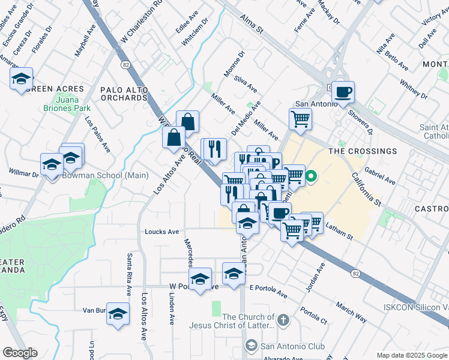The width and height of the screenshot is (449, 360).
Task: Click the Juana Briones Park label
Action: [x=74, y=104]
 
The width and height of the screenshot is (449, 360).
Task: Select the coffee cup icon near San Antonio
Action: [x=343, y=92]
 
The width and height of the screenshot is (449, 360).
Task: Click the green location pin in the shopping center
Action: [x=311, y=177]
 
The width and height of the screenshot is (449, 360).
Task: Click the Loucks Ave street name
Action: [x=161, y=232]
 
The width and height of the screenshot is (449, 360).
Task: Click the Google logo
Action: [x=20, y=353]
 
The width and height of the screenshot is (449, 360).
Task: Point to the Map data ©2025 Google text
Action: [x=411, y=355]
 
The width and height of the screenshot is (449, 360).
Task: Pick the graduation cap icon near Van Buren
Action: [x=118, y=314]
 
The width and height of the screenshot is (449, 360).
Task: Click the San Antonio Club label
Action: [x=292, y=346]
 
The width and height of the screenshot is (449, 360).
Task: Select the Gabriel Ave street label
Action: [x=379, y=176]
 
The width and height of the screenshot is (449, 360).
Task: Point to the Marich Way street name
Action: [x=352, y=313]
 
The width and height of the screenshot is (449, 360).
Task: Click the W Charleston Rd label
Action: [x=142, y=19]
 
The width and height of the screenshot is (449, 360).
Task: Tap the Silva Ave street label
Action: [x=246, y=84]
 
